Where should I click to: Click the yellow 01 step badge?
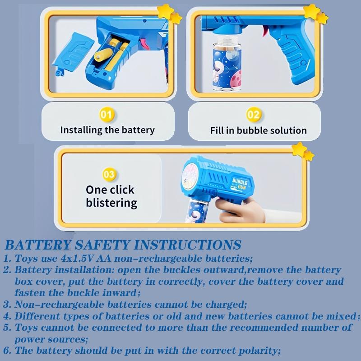[107, 115]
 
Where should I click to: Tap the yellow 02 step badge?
[254, 115]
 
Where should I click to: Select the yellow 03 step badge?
[110, 174]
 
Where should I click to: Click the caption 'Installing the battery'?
[107, 130]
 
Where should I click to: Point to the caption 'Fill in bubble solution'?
[258, 130]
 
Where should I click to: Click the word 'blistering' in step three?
[111, 203]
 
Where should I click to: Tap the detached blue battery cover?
[72, 54]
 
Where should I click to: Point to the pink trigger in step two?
[265, 31]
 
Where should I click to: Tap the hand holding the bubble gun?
[240, 210]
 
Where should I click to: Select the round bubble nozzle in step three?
[190, 176]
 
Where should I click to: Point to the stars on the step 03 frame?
[303, 151]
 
